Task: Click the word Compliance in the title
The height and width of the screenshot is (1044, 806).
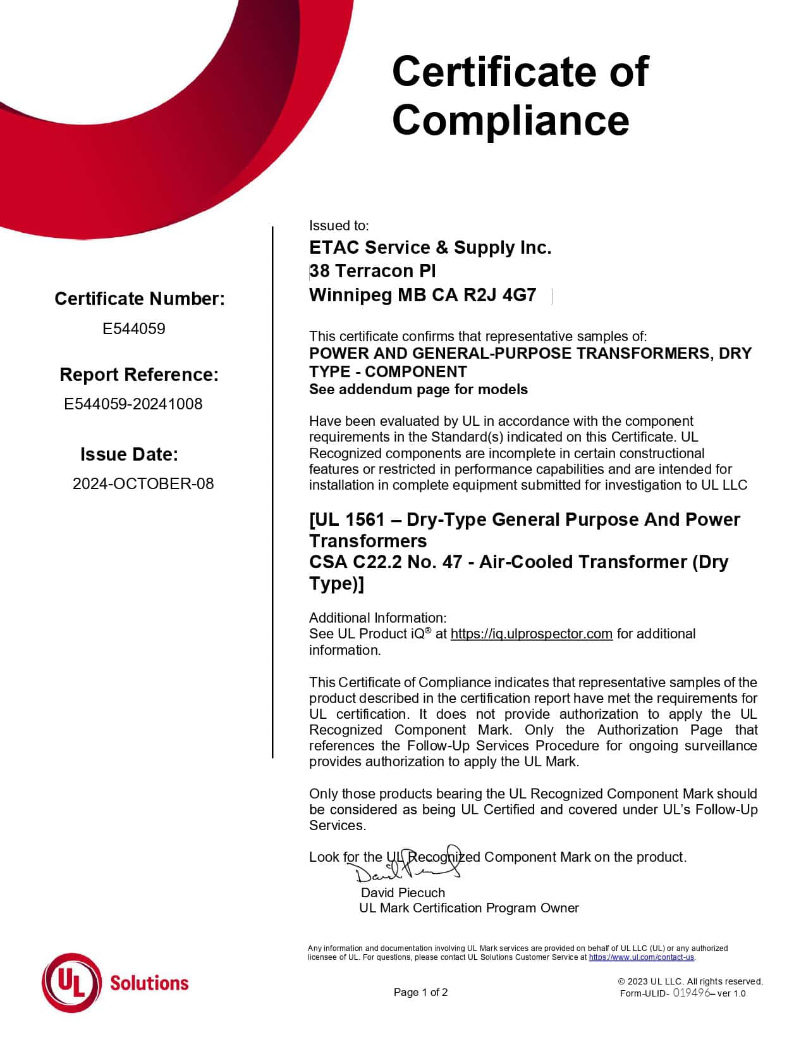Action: tap(510, 120)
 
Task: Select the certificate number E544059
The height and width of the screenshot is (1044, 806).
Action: tap(134, 328)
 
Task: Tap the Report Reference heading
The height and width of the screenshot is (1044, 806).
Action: tap(139, 375)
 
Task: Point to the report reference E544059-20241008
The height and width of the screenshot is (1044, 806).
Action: tap(133, 404)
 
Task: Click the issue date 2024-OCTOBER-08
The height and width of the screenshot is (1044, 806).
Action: tap(143, 483)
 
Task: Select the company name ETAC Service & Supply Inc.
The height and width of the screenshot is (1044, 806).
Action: tap(430, 247)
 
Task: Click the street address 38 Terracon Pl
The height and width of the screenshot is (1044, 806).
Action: tap(372, 271)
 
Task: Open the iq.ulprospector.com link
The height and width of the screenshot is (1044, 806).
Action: tap(531, 634)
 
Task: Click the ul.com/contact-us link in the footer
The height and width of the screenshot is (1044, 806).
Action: tap(642, 957)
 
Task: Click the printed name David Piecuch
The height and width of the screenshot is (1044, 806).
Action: tap(403, 893)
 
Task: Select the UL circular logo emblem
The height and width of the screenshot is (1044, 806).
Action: tap(71, 983)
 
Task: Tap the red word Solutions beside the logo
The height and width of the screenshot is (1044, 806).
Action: tap(149, 983)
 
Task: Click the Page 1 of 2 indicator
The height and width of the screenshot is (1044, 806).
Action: tap(420, 992)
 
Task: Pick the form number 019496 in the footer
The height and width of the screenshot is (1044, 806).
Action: tap(692, 993)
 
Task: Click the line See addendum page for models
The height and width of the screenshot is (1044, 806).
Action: tap(418, 389)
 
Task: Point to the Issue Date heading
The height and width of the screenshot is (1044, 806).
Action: tap(129, 454)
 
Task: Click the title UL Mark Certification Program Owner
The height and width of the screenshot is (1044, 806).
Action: tap(468, 908)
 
